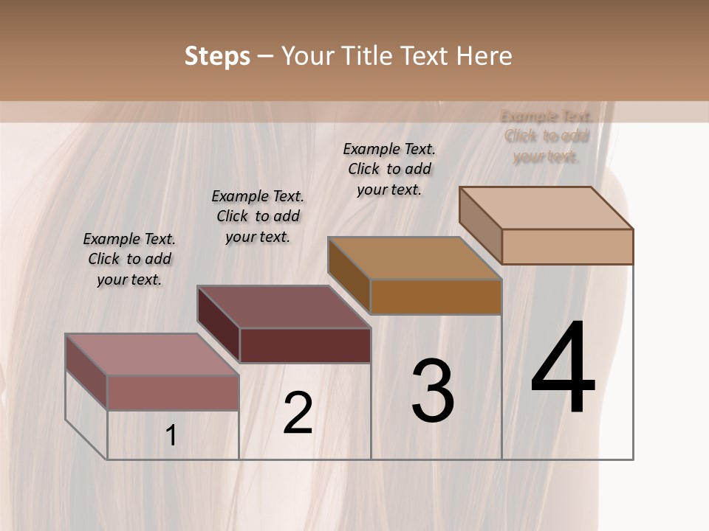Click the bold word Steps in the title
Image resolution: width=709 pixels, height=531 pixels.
(216, 56)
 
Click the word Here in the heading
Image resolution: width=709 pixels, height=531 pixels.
(484, 56)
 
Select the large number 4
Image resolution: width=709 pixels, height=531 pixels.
(563, 369)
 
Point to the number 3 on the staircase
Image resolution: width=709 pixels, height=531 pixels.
(433, 391)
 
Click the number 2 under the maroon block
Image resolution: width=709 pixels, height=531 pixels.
(298, 413)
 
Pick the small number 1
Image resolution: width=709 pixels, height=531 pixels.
(171, 436)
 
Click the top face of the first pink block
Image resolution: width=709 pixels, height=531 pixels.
(152, 354)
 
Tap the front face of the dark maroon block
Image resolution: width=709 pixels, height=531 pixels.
(305, 345)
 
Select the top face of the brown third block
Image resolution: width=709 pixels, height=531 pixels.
(414, 258)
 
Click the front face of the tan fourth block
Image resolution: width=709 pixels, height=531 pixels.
(567, 246)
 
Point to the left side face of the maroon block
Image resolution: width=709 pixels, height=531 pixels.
(219, 323)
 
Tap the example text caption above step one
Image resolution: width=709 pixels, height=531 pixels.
(129, 259)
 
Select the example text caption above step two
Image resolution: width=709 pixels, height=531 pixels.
(258, 216)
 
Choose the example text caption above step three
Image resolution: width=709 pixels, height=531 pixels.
(389, 169)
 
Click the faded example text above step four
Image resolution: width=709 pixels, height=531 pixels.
(547, 136)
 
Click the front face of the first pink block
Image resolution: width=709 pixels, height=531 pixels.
(173, 392)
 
